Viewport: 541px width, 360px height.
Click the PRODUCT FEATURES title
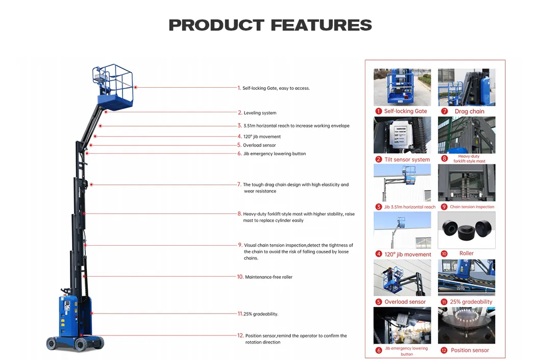[x=270, y=25]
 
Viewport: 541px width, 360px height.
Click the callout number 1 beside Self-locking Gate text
[x=239, y=88]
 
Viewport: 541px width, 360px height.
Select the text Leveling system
[x=260, y=113]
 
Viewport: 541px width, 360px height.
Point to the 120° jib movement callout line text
[x=262, y=137]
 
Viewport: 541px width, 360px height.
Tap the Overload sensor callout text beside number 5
[x=259, y=146]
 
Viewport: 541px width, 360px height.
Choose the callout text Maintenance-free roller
[x=268, y=277]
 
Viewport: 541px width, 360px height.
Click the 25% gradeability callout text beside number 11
[x=261, y=314]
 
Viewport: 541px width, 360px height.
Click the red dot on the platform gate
[x=135, y=87]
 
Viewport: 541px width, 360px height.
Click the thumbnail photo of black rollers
[x=466, y=230]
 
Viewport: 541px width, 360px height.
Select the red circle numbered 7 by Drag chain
[x=445, y=111]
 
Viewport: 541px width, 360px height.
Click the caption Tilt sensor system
[x=407, y=159]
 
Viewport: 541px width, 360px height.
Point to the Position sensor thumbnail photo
[x=466, y=325]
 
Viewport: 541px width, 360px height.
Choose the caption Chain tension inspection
[x=472, y=207]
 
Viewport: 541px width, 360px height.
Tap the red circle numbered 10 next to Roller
[x=444, y=254]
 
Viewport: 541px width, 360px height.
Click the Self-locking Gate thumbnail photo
[x=402, y=87]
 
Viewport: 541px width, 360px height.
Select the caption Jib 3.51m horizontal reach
[x=409, y=207]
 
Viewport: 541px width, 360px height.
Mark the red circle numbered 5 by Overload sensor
[x=379, y=302]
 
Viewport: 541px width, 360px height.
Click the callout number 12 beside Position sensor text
[x=240, y=335]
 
